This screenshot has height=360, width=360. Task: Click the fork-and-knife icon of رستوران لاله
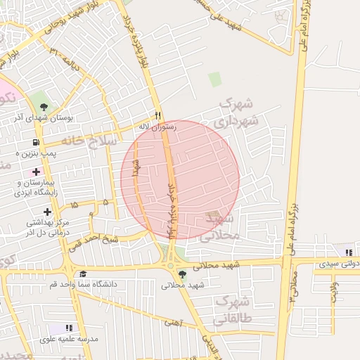(158, 116)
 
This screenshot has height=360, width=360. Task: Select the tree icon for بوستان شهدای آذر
(44, 108)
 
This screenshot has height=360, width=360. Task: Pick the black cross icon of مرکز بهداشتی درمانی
(47, 212)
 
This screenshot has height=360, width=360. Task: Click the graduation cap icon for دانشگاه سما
(83, 274)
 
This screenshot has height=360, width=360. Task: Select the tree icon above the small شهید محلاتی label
(182, 274)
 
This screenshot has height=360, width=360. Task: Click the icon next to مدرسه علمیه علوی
(69, 328)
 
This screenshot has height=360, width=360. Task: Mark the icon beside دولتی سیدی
(348, 252)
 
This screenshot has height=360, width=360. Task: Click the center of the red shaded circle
(180, 180)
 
